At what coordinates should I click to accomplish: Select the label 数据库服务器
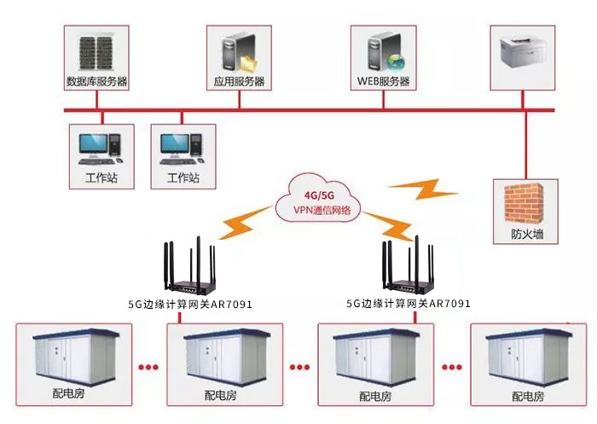tap(96, 83)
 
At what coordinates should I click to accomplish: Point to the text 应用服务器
tap(239, 83)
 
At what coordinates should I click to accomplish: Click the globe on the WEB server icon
tap(396, 62)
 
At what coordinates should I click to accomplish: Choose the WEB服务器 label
tap(383, 83)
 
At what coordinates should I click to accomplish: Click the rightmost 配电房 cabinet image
tap(525, 359)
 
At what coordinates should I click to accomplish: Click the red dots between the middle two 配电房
tap(298, 369)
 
